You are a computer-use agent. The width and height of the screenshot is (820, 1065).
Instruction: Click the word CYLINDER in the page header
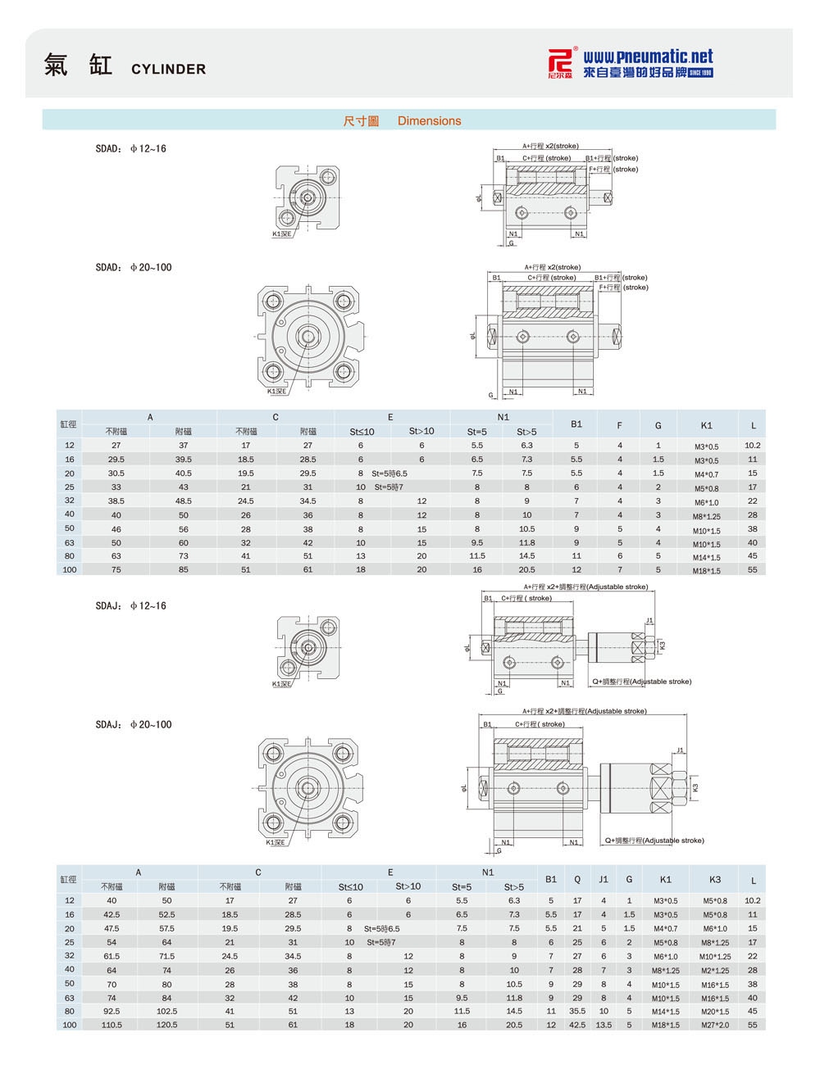pos(168,70)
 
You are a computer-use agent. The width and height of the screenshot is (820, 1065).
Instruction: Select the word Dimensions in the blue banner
pos(429,121)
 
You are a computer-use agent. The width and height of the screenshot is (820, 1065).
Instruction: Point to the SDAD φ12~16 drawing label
pos(130,149)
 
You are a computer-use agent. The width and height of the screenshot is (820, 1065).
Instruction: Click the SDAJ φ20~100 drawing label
pos(134,724)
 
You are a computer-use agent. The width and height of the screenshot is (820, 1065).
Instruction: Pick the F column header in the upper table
pos(620,424)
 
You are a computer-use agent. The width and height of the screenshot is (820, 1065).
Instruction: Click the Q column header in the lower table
pos(577,879)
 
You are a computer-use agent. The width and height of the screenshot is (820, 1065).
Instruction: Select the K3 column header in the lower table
pos(714,879)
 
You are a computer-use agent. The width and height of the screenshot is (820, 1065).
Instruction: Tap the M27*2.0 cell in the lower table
pos(714,1025)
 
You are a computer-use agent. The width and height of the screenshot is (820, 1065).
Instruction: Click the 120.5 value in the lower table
pos(167,1024)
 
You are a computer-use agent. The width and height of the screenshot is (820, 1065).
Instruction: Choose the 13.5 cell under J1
pos(604,1024)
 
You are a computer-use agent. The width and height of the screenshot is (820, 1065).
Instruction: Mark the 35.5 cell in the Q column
pos(577,1011)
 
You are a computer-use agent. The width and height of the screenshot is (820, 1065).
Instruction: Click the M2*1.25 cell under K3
pos(714,970)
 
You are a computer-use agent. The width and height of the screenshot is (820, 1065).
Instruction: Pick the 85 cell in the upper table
pos(183,569)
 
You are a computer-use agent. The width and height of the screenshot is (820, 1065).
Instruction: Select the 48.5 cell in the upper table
pos(183,501)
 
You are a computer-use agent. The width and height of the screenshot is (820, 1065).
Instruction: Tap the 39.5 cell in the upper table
pos(183,460)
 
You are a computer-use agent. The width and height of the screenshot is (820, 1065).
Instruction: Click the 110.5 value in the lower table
pos(111,1024)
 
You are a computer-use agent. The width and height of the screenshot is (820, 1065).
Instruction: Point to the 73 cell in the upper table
pos(183,555)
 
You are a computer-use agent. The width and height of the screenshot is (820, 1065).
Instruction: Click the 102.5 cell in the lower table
pos(167,1011)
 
